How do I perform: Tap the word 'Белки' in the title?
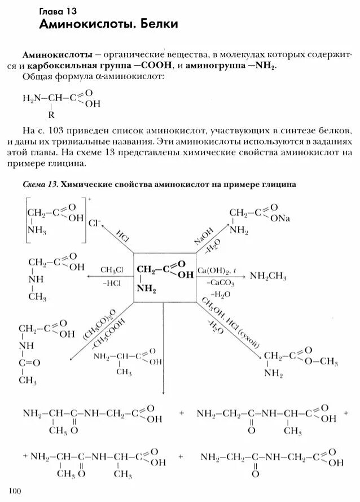click(x=156, y=24)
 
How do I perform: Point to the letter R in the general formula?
click(x=51, y=115)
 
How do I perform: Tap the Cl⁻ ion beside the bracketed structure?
click(x=94, y=222)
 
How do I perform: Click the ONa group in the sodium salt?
click(x=278, y=219)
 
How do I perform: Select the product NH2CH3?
click(x=268, y=277)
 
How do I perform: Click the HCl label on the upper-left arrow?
click(x=122, y=236)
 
